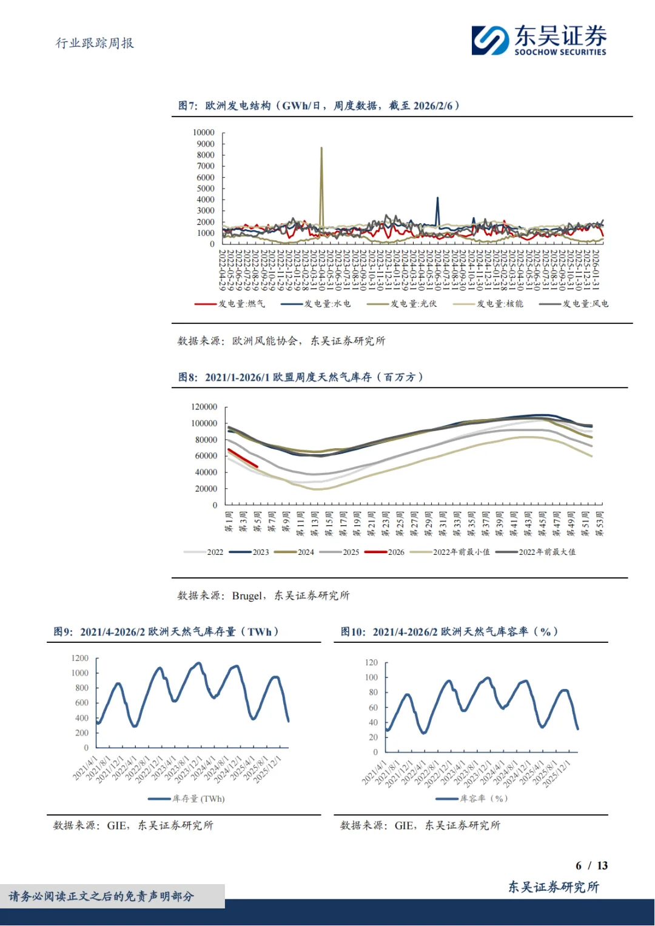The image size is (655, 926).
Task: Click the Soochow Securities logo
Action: click(539, 40)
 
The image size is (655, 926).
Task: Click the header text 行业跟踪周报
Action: click(95, 43)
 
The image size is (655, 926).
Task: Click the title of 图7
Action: click(319, 106)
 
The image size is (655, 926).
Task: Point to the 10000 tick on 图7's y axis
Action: click(204, 132)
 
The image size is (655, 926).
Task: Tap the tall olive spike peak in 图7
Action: click(321, 149)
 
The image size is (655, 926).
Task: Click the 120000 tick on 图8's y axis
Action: click(204, 407)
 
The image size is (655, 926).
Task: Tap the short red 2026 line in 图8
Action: click(243, 458)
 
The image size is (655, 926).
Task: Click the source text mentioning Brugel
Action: click(263, 596)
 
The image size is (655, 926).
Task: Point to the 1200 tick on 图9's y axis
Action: click(80, 658)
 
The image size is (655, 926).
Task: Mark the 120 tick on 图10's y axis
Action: click(371, 662)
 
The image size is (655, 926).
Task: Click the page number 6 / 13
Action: click(591, 865)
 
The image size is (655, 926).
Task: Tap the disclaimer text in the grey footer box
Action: click(101, 896)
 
